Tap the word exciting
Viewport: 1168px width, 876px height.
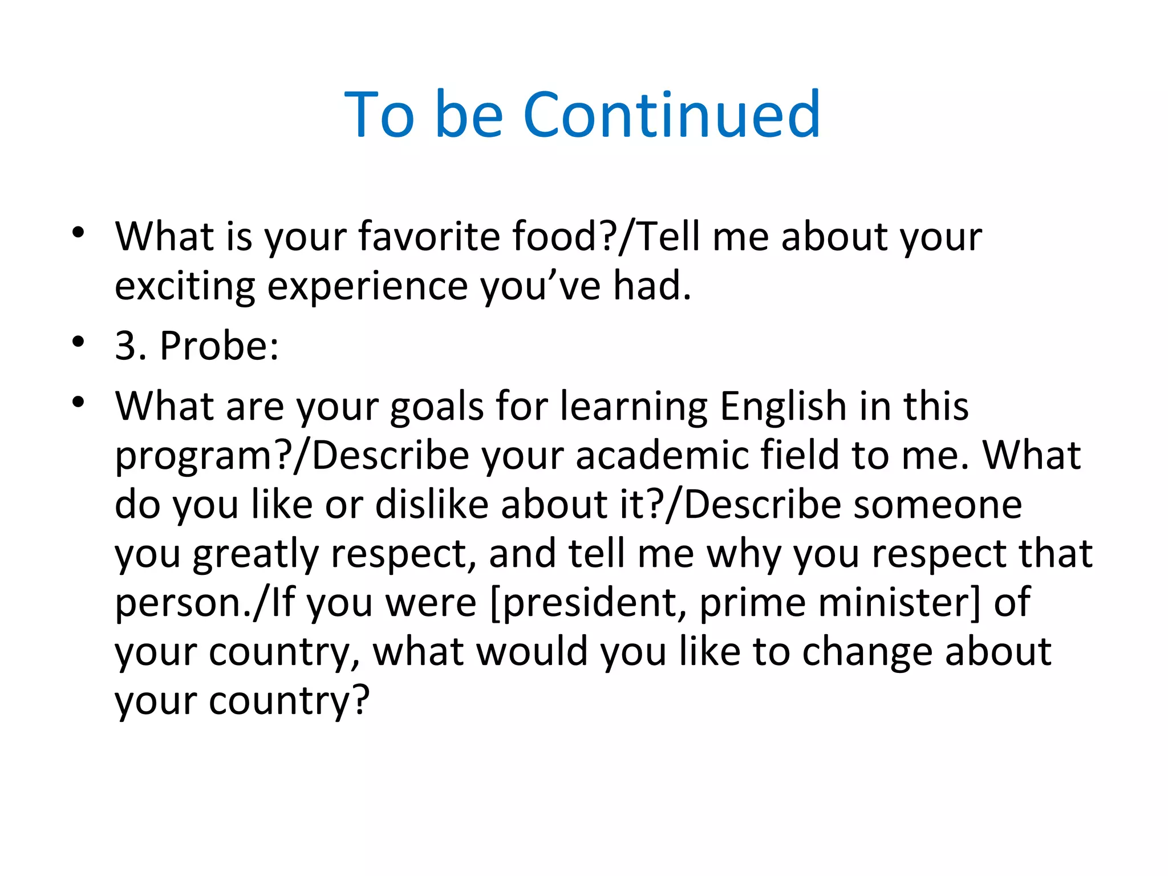(185, 286)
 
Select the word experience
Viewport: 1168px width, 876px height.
(367, 286)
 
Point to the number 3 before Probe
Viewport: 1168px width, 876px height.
(126, 346)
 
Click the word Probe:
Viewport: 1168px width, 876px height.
(220, 346)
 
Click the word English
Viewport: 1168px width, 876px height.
(783, 407)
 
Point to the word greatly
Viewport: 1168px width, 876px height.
(256, 554)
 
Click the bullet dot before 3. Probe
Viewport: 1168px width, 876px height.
(78, 342)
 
